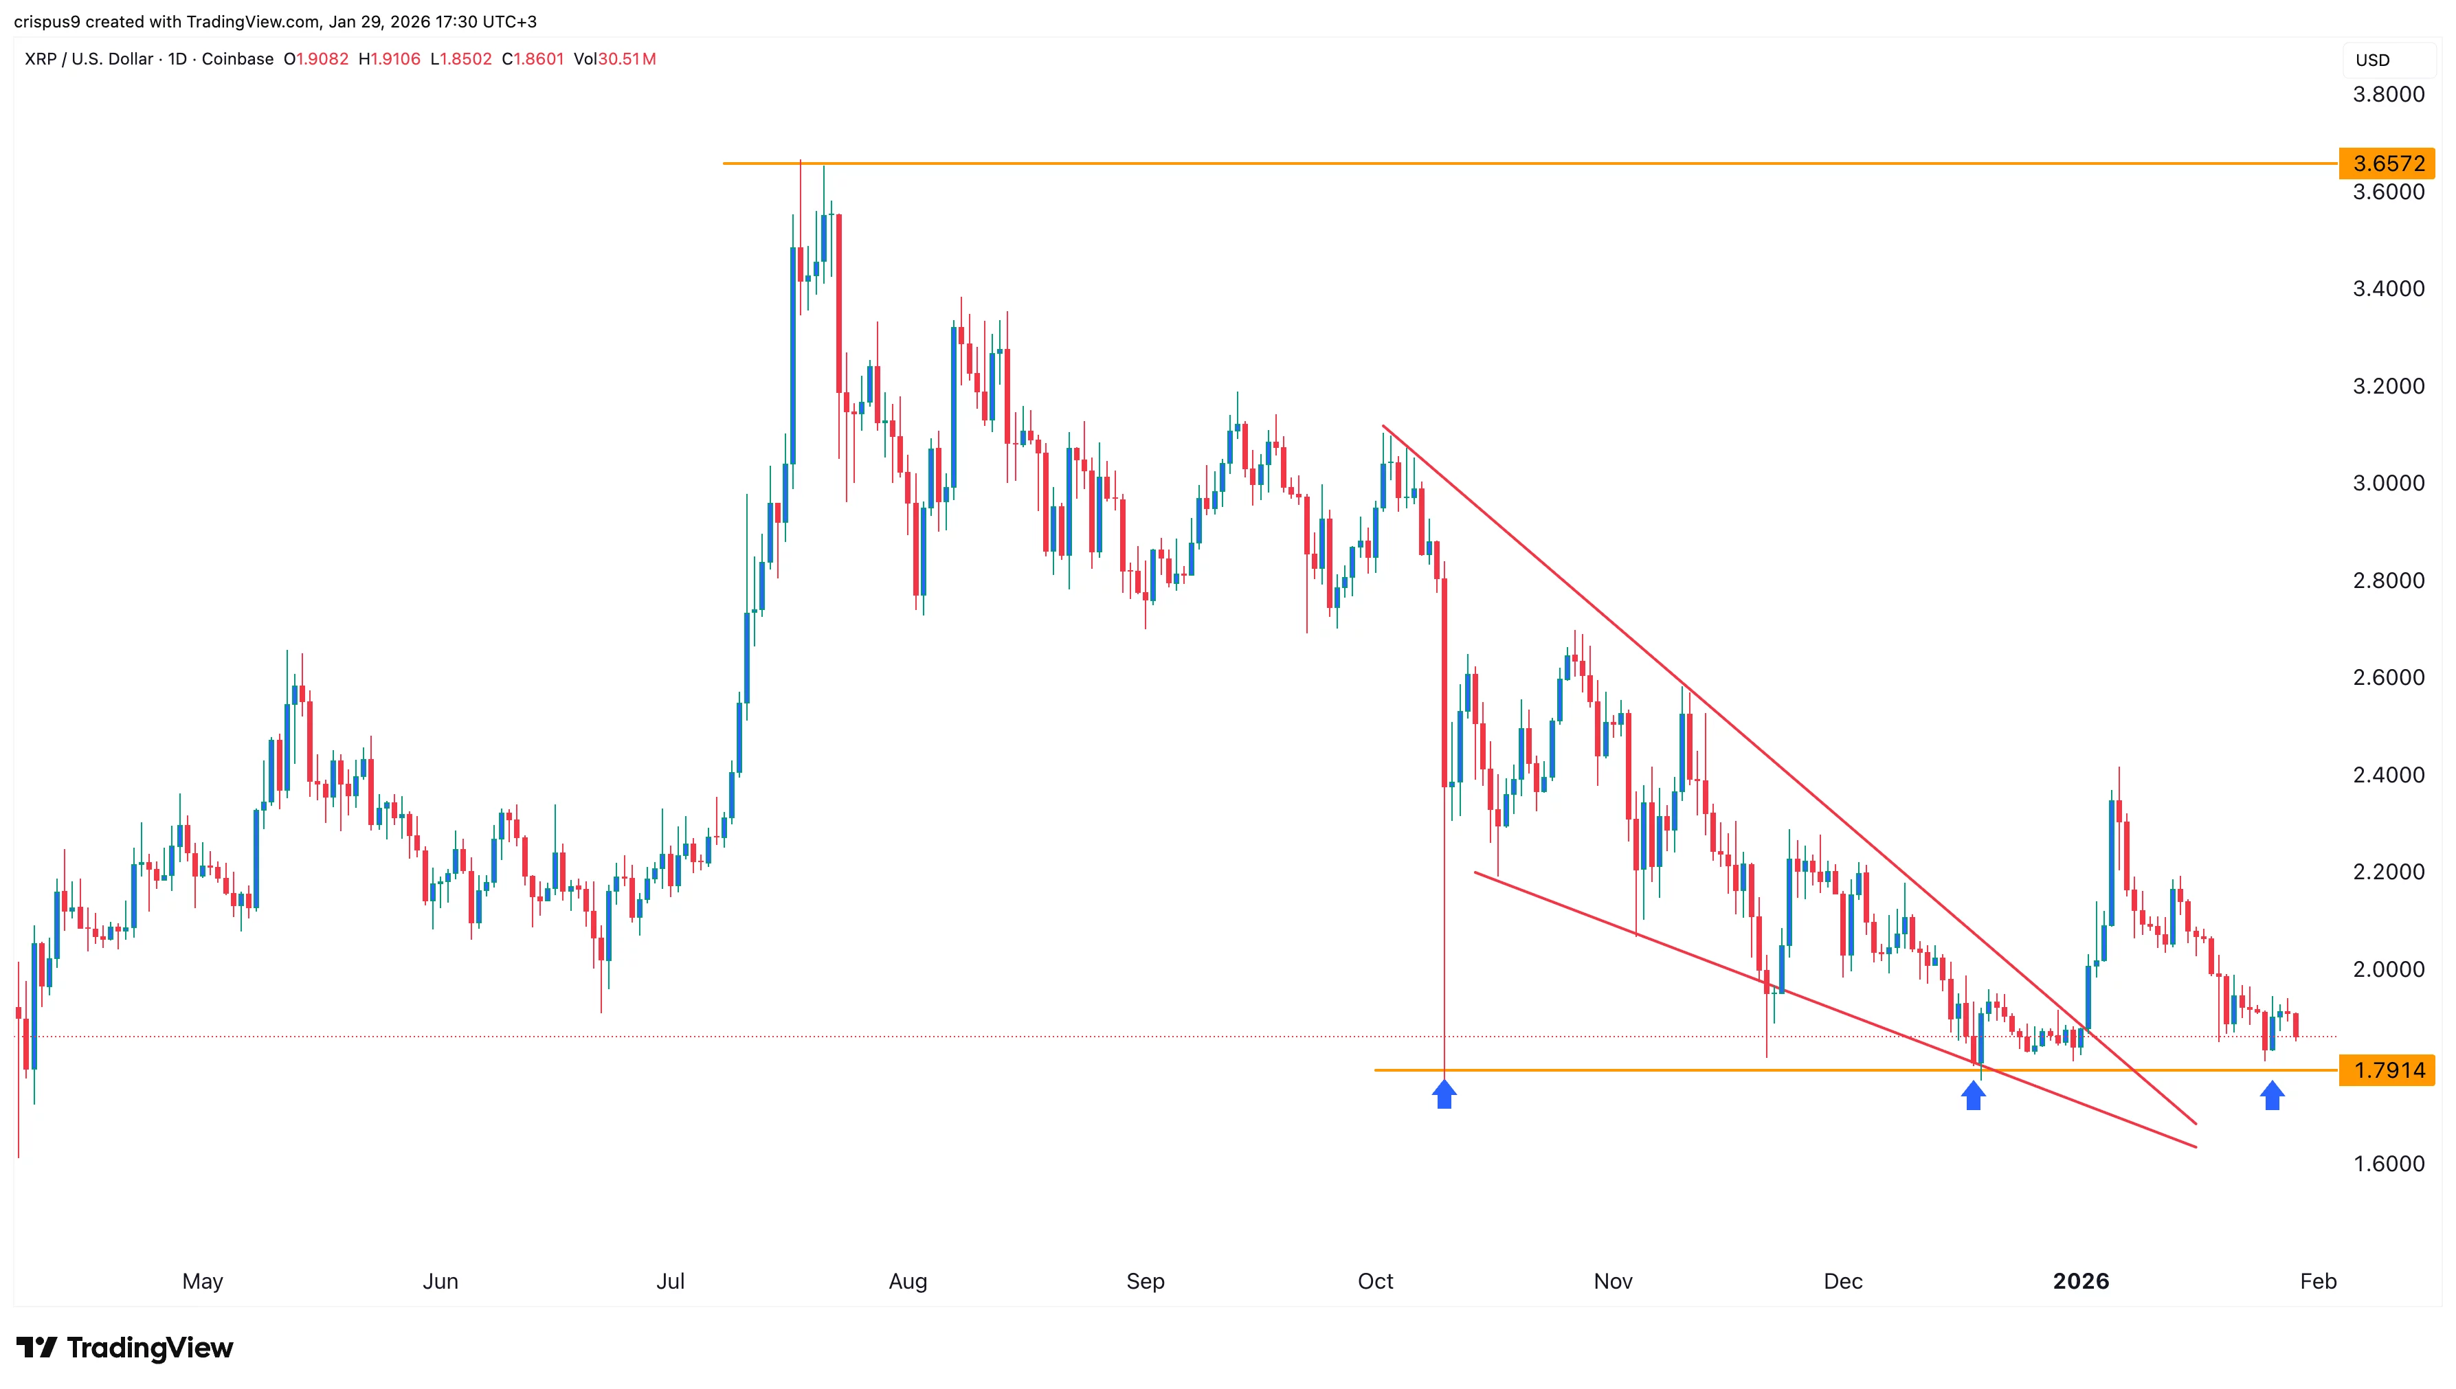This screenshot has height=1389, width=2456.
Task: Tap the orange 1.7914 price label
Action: pyautogui.click(x=2387, y=1070)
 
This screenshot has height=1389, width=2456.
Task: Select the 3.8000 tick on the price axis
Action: pyautogui.click(x=2387, y=94)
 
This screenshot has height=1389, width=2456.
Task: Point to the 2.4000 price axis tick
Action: pyautogui.click(x=2387, y=775)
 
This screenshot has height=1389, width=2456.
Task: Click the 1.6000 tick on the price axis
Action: pyautogui.click(x=2387, y=1164)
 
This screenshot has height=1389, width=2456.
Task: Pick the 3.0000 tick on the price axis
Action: pyautogui.click(x=2387, y=484)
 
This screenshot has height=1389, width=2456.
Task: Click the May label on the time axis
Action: pyautogui.click(x=202, y=1281)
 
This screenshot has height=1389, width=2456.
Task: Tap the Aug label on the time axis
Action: pyautogui.click(x=907, y=1281)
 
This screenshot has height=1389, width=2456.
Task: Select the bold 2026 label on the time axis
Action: pyautogui.click(x=2080, y=1281)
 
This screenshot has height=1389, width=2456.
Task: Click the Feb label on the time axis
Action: pyautogui.click(x=2318, y=1281)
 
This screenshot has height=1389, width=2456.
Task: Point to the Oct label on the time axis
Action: pyautogui.click(x=1375, y=1281)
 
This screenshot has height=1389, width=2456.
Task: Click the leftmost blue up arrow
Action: pyautogui.click(x=1444, y=1094)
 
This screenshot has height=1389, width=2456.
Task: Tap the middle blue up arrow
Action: pyautogui.click(x=1973, y=1095)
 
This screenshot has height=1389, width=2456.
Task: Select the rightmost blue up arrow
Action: pyautogui.click(x=2272, y=1095)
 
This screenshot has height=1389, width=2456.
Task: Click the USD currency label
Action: pyautogui.click(x=2372, y=60)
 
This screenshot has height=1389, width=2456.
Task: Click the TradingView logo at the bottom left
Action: pyautogui.click(x=125, y=1348)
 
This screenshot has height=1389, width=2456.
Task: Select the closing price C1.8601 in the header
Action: pyautogui.click(x=533, y=59)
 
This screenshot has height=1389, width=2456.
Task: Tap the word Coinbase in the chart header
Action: pyautogui.click(x=238, y=59)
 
